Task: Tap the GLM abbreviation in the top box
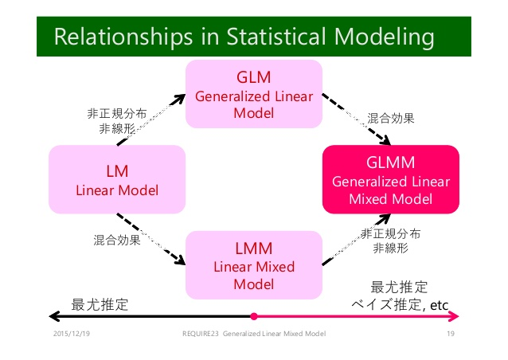point(253,79)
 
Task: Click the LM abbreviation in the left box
point(117,171)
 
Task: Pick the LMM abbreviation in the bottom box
point(253,248)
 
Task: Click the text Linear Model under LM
point(117,190)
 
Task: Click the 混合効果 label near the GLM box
point(390,118)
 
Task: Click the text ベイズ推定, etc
point(400,303)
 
